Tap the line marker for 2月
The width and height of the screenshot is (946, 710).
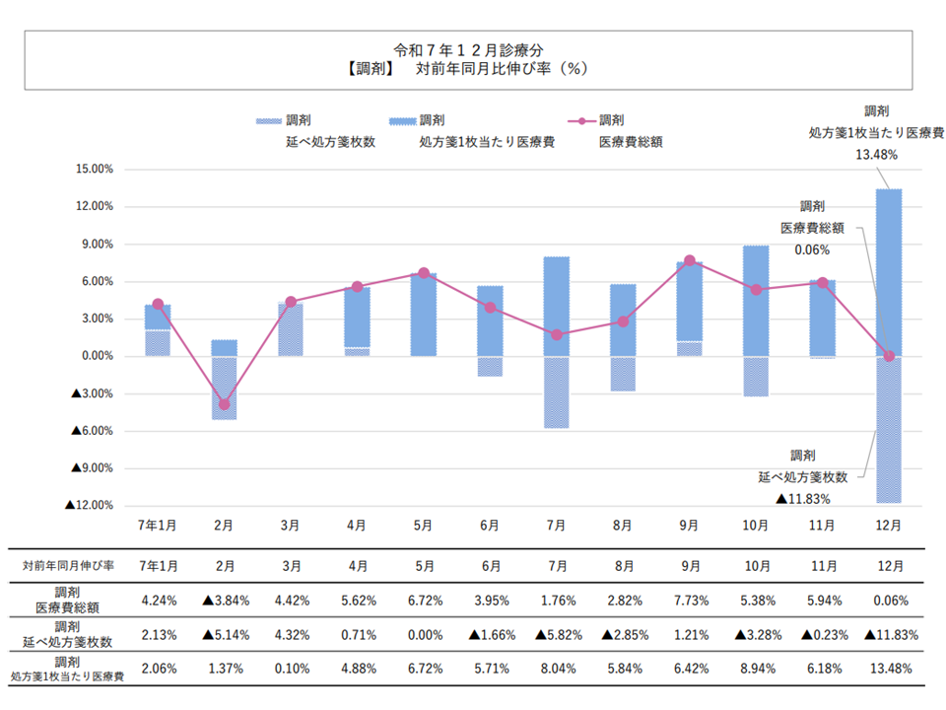[224, 404]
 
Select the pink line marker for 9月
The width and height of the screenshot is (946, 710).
[690, 260]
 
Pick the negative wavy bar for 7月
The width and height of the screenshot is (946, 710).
[557, 391]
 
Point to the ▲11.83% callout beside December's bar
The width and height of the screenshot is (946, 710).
[804, 499]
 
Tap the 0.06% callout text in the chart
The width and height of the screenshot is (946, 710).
[812, 250]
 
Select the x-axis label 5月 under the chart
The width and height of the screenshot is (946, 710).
[424, 527]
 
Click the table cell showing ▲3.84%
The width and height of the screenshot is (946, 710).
[225, 600]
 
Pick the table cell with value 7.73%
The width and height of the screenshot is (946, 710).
[690, 600]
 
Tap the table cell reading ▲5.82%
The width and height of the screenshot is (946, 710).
[557, 634]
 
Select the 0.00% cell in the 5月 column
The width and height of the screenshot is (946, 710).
[424, 634]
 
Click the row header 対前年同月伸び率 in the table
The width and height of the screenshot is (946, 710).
[69, 565]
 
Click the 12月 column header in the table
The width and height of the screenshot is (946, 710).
[889, 565]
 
